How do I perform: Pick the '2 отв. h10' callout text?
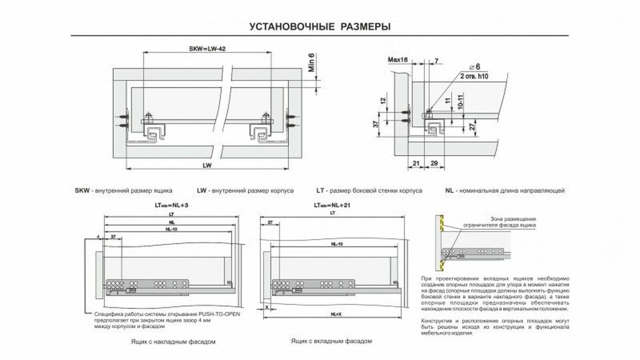click(474, 77)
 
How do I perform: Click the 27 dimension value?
click(473, 128)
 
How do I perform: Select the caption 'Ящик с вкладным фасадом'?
click(331, 340)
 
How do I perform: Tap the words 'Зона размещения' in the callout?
click(514, 219)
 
